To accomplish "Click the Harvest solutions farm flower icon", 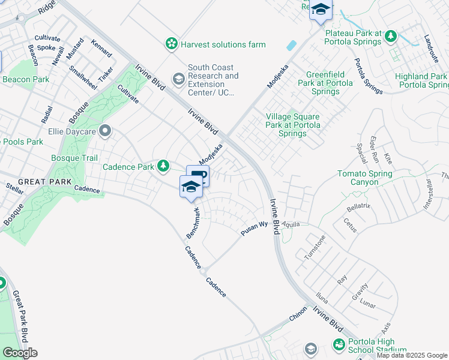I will click(x=172, y=44).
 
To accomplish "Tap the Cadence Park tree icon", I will click(x=163, y=166).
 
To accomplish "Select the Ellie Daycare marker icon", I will click(x=106, y=130).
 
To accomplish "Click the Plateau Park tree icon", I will click(x=391, y=37).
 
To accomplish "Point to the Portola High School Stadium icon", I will click(x=339, y=345).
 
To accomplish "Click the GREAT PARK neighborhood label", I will click(x=36, y=181).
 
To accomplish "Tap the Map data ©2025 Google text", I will click(x=412, y=355).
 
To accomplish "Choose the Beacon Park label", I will click(x=26, y=79).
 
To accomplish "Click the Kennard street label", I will click(x=101, y=48).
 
